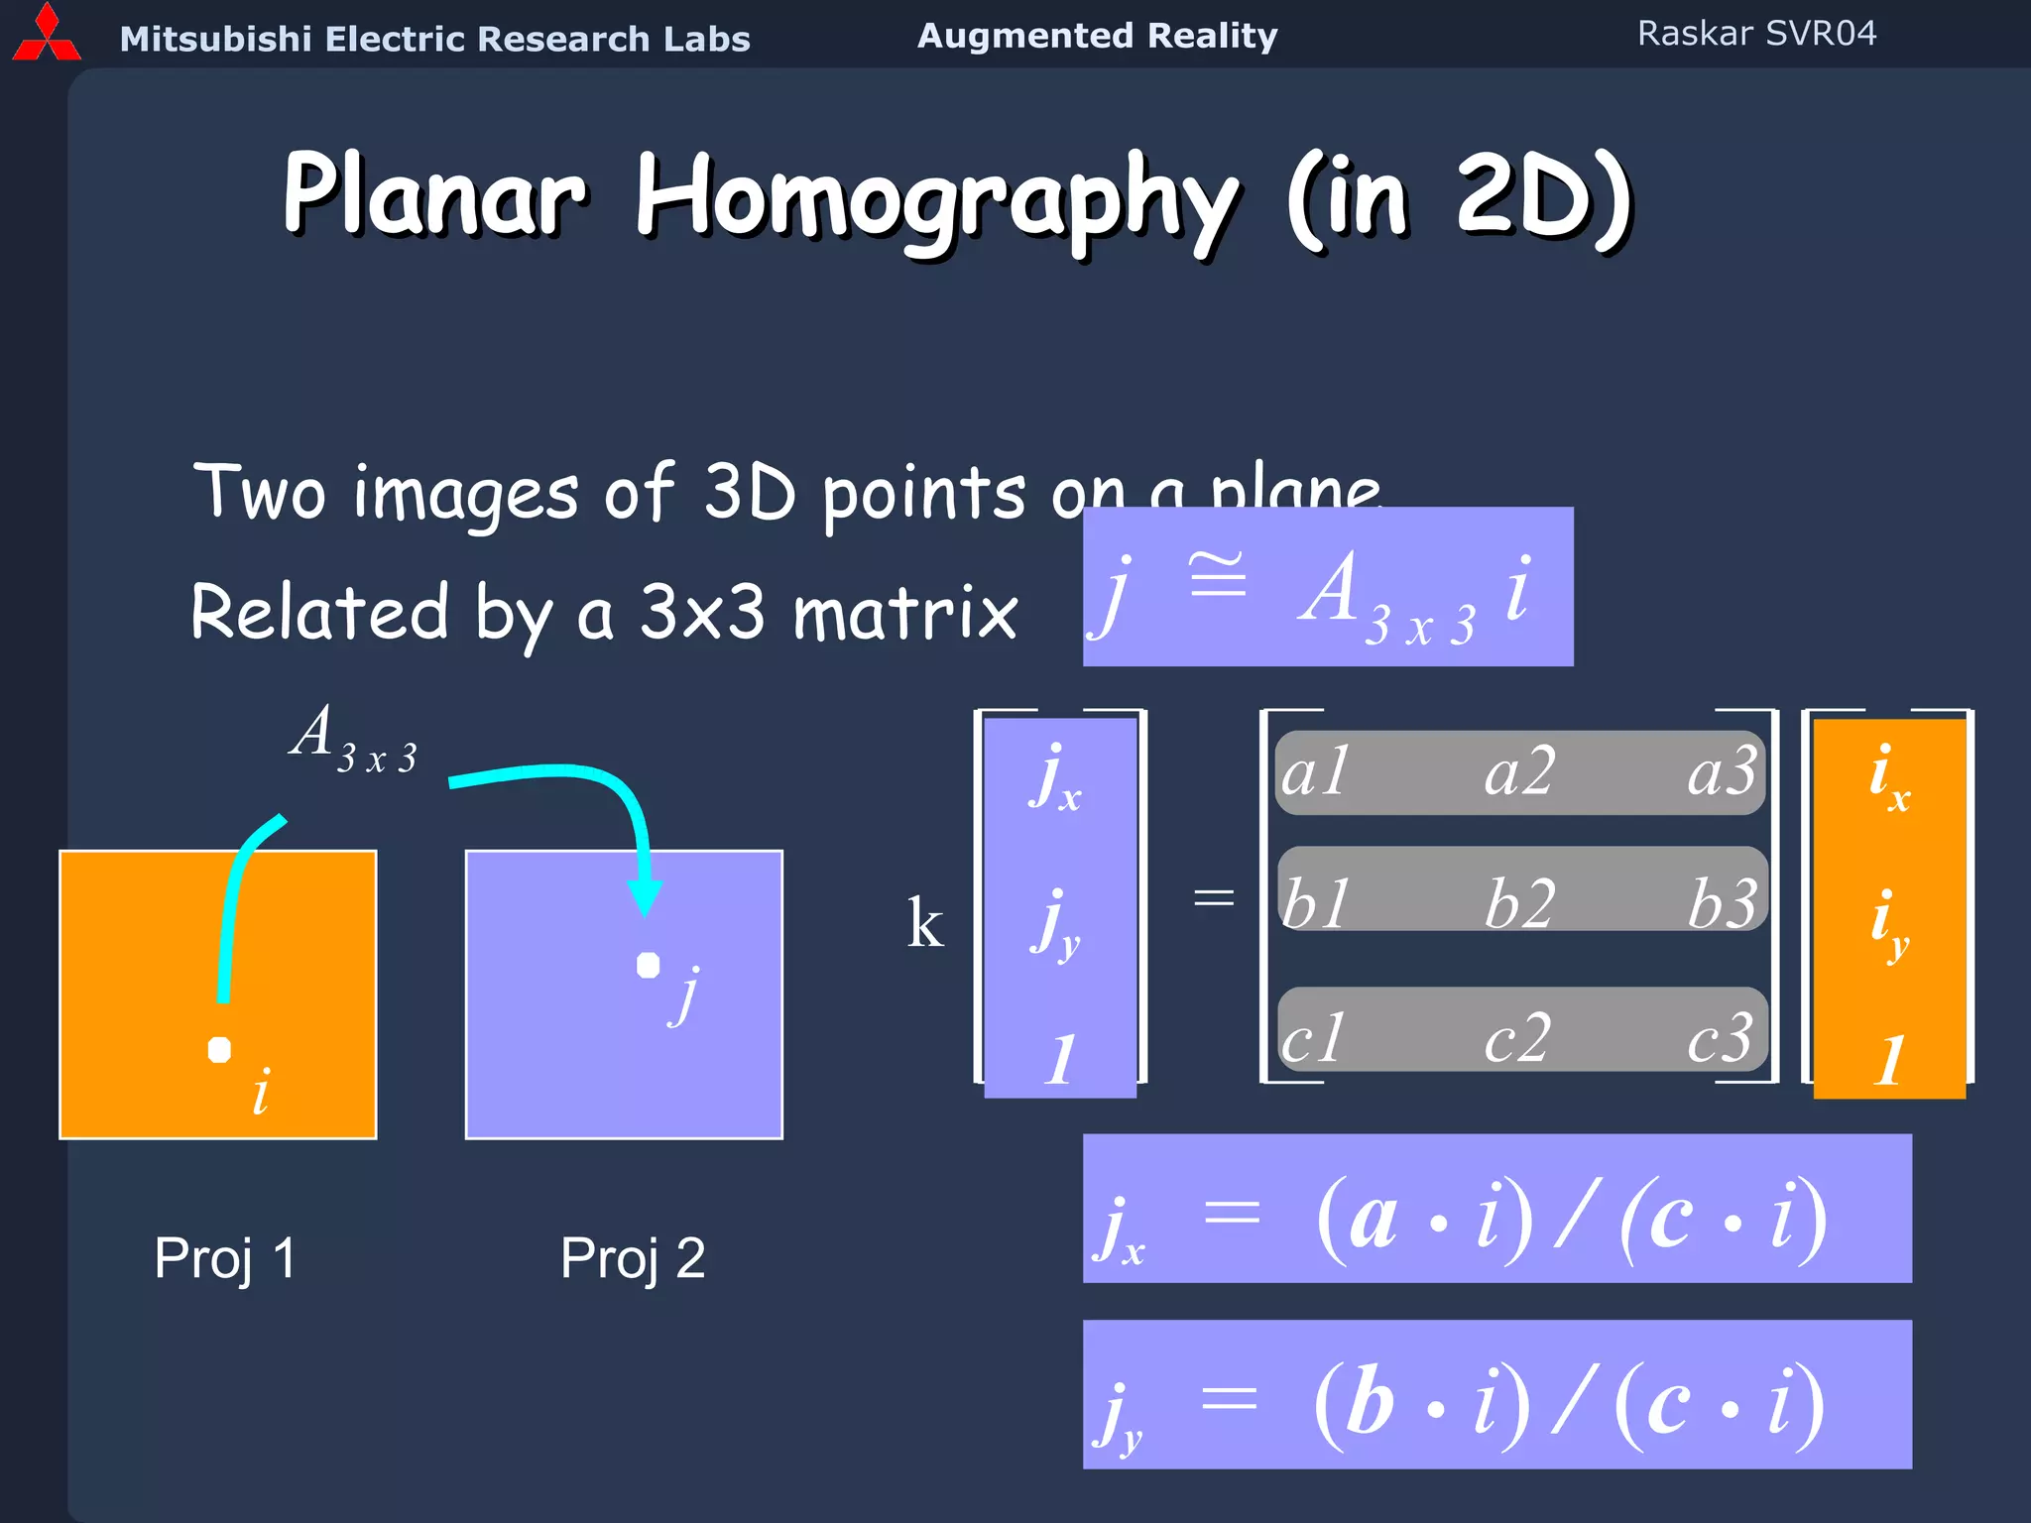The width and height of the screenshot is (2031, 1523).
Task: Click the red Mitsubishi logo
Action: tap(46, 34)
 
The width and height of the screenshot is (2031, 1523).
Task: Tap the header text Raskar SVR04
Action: tap(1756, 34)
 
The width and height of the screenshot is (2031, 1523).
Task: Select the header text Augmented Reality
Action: tap(1097, 36)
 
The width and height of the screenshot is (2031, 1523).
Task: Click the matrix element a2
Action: tap(1518, 772)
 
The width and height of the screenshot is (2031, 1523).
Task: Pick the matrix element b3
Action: tap(1723, 903)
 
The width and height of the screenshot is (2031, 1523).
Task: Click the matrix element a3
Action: tap(1723, 772)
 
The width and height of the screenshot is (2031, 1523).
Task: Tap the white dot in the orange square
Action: tap(219, 1050)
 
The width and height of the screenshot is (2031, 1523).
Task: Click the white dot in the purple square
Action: tap(648, 965)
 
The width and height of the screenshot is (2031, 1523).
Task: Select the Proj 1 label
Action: tap(225, 1258)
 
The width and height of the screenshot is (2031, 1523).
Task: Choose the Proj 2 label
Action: tap(633, 1258)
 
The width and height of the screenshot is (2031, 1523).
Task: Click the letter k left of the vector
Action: tap(924, 923)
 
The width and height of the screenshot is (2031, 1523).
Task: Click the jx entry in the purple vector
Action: tap(1056, 779)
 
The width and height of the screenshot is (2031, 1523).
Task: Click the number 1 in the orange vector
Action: tap(1888, 1060)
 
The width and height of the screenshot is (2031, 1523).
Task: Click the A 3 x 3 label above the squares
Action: tap(353, 739)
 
